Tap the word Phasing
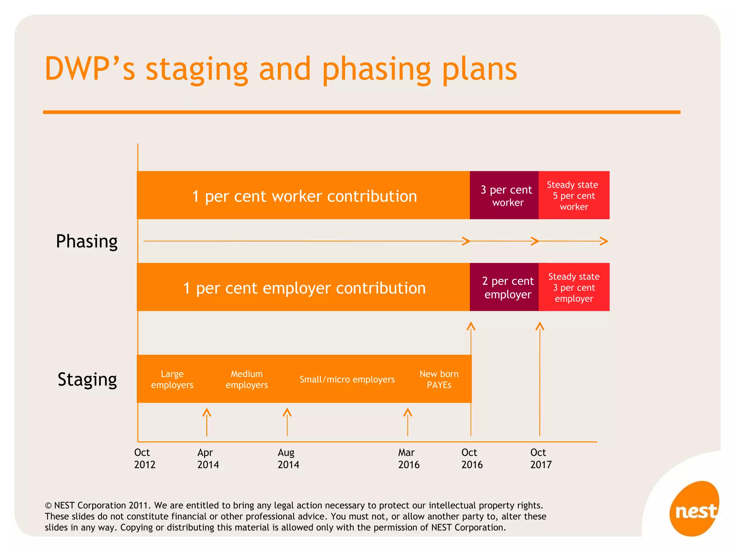[87, 241]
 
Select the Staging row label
[87, 380]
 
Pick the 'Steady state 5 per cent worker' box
[574, 196]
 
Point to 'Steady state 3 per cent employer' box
[574, 287]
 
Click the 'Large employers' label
[172, 379]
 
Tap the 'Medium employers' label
[247, 379]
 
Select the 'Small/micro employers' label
[347, 380]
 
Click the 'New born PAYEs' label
[439, 379]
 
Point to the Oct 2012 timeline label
[144, 458]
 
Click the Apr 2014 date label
[208, 458]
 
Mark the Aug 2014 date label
[288, 458]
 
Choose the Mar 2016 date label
[408, 458]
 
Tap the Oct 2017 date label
[540, 458]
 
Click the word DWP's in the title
[90, 69]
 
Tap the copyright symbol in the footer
[48, 506]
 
